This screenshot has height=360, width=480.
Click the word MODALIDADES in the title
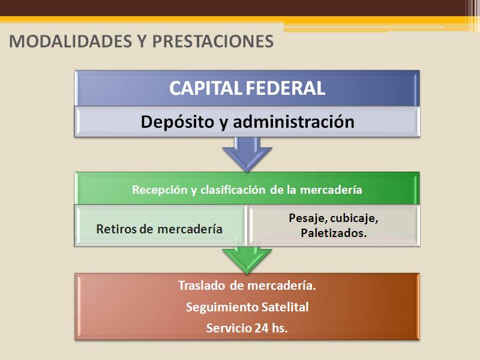70,41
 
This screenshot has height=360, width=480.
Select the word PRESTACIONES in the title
213,41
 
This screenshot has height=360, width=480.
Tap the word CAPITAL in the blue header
206,88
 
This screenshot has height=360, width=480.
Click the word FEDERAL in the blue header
286,88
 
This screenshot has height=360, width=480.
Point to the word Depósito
178,122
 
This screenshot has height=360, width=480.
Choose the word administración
293,122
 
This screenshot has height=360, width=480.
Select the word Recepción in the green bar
160,190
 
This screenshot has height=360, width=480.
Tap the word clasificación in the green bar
233,190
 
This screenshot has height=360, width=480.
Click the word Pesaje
308,218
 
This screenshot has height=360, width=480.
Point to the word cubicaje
355,218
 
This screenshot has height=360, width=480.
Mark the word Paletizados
334,233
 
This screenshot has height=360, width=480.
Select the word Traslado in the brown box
202,286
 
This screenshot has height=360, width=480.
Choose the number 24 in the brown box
262,328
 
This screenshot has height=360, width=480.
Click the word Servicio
229,328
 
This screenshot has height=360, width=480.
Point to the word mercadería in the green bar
331,190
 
